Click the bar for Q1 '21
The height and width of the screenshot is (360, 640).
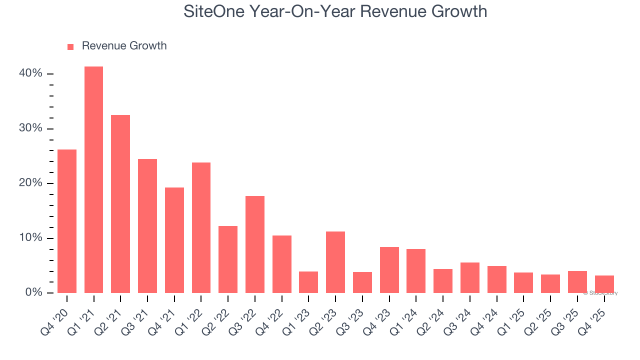[x=93, y=179]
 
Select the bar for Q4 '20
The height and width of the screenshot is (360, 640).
[x=67, y=221]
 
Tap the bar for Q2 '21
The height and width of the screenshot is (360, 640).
[x=120, y=204]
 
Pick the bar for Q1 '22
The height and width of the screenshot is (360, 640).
[x=201, y=227]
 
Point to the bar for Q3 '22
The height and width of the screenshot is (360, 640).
[x=255, y=244]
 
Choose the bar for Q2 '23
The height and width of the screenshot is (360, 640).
[x=335, y=262]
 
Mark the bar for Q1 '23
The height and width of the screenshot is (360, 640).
[x=308, y=282]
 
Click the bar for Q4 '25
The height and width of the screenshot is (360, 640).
[x=604, y=284]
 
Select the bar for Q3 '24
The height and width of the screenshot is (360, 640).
[x=470, y=277]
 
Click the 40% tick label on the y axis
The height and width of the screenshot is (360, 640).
[x=31, y=73]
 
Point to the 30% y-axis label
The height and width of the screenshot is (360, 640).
[x=31, y=128]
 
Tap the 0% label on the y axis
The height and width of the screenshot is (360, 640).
[x=33, y=292]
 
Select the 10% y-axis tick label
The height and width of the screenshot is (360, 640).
[x=31, y=237]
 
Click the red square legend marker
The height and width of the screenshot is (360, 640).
[x=70, y=46]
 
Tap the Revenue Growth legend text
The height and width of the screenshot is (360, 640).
[x=124, y=46]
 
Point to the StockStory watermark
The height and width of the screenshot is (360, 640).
[x=600, y=293]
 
